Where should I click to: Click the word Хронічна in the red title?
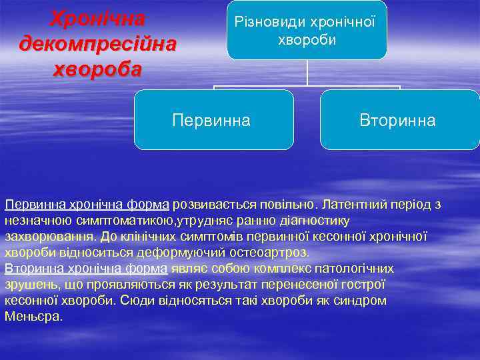(x=98, y=18)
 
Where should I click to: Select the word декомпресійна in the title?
(x=99, y=44)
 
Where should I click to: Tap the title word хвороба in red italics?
(x=98, y=70)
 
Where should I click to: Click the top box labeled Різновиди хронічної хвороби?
(x=307, y=31)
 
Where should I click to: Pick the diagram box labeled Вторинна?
(x=399, y=120)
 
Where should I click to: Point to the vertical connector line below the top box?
(x=307, y=72)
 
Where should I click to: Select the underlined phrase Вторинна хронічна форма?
(x=86, y=268)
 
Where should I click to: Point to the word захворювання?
(x=48, y=236)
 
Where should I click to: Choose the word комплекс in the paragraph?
(x=271, y=268)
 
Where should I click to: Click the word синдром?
(x=359, y=300)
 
